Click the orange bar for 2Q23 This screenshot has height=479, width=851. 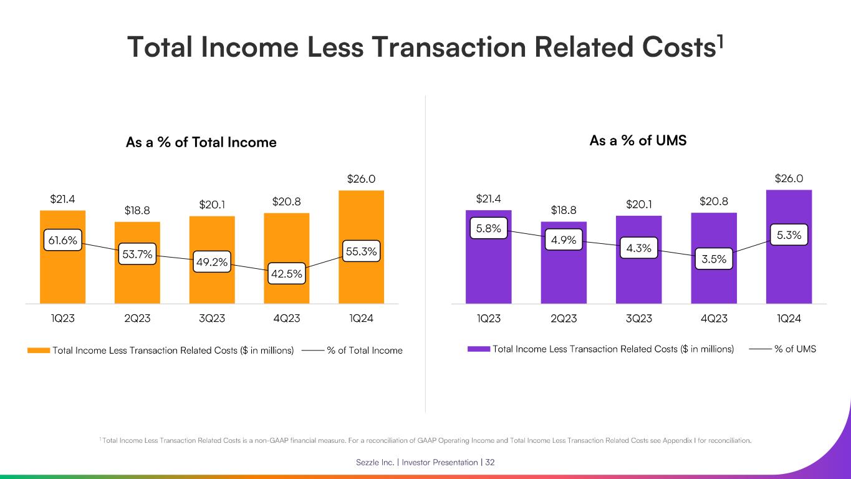pyautogui.click(x=137, y=281)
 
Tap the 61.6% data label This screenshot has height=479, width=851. pyautogui.click(x=62, y=239)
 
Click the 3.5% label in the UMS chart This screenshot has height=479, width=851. pyautogui.click(x=714, y=259)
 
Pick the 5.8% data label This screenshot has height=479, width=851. pyautogui.click(x=489, y=228)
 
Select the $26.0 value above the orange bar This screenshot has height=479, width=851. pyautogui.click(x=361, y=179)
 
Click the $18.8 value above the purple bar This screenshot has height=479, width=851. pyautogui.click(x=564, y=210)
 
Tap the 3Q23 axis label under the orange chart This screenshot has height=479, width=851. pyautogui.click(x=212, y=319)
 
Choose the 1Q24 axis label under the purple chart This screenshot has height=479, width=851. pyautogui.click(x=789, y=319)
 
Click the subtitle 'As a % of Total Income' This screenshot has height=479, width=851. pyautogui.click(x=201, y=143)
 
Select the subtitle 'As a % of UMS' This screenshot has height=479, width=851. pyautogui.click(x=638, y=141)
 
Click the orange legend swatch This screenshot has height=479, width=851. pyautogui.click(x=38, y=351)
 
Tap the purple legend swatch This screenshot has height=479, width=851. pyautogui.click(x=478, y=349)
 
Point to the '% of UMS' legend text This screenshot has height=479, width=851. pyautogui.click(x=795, y=349)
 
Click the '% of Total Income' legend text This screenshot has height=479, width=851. pyautogui.click(x=365, y=351)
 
